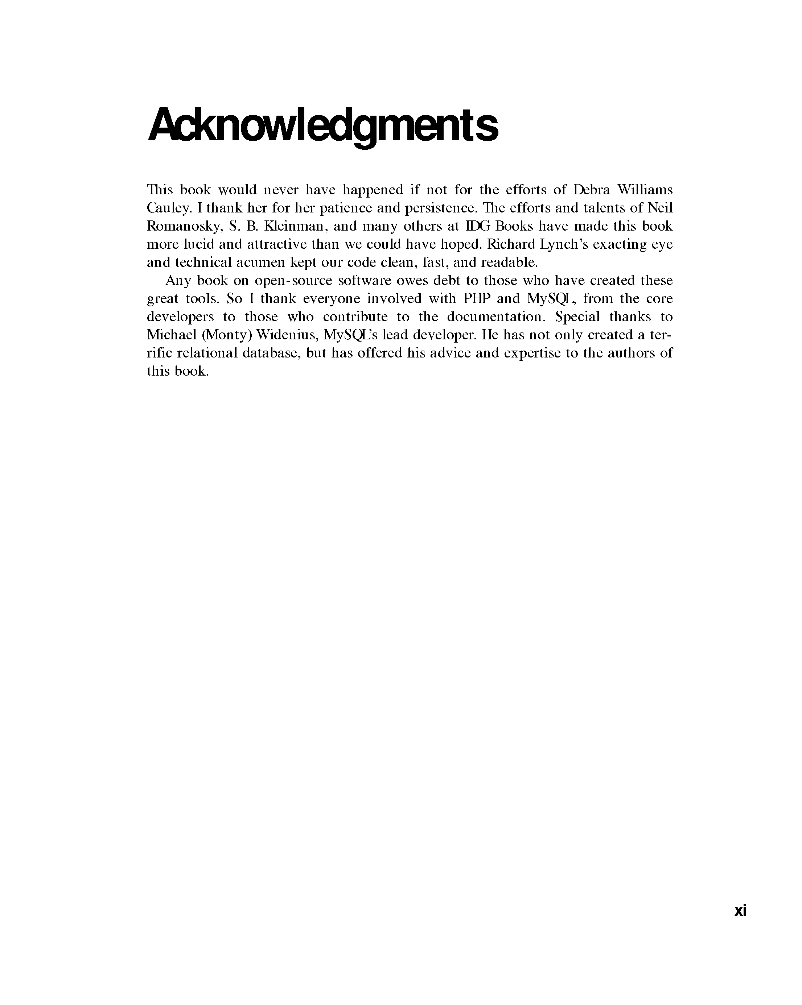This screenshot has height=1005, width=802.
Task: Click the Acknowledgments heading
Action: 323,125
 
